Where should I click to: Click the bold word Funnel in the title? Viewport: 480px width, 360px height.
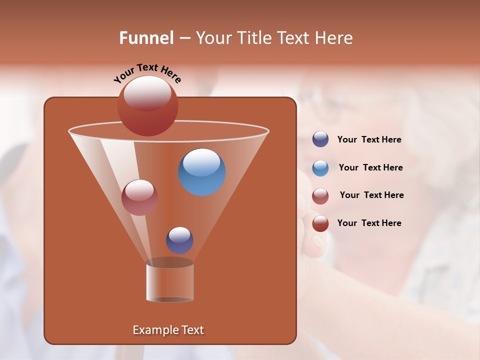(x=146, y=38)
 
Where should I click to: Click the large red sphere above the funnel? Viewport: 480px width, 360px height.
(x=147, y=106)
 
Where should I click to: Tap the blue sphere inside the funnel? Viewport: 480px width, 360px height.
(x=202, y=172)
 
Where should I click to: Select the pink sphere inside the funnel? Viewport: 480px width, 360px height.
(x=139, y=198)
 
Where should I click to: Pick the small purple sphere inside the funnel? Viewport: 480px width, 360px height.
(x=179, y=240)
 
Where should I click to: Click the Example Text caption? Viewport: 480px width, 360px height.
(x=168, y=330)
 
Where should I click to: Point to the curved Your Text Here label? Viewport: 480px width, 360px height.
(x=147, y=72)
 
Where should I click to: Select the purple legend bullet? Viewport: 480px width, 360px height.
(x=320, y=139)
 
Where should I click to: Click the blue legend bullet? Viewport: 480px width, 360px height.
(x=320, y=168)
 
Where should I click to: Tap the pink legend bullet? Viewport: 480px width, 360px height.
(x=320, y=196)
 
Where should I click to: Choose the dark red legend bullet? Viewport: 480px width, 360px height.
(x=320, y=223)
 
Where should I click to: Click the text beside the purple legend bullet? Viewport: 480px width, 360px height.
(x=369, y=140)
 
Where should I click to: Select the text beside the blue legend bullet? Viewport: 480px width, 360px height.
(x=370, y=168)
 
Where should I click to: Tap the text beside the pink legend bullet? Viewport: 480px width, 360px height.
(x=371, y=195)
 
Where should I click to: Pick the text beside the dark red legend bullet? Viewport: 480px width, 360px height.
(x=369, y=223)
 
